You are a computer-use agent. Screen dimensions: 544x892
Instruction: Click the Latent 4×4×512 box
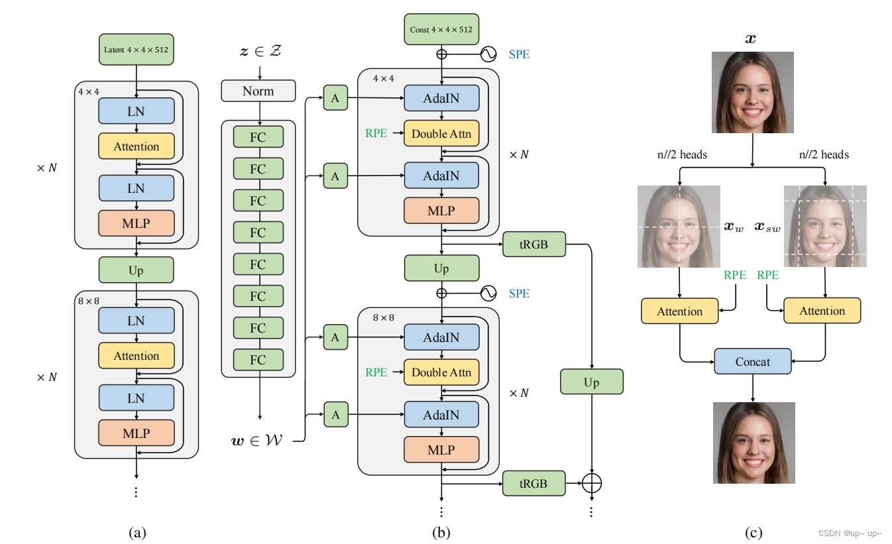pos(136,50)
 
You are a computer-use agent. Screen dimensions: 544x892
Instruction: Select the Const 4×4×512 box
pos(441,29)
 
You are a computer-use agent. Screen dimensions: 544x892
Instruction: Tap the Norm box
pos(258,91)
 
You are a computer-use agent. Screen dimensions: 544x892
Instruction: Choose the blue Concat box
pos(753,362)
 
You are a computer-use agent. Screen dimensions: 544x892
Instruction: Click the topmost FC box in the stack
pos(258,137)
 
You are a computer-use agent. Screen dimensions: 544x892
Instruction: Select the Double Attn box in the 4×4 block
pos(441,134)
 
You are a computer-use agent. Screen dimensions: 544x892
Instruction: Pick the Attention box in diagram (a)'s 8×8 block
pos(136,356)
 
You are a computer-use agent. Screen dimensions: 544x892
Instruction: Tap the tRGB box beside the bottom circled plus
pos(533,484)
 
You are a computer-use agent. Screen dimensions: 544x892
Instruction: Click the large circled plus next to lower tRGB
pos(592,484)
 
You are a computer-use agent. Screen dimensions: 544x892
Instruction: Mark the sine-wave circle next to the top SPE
pos(488,54)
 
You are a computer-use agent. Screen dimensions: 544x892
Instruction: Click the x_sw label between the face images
pos(767,227)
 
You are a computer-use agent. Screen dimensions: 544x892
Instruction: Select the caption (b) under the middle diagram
pos(441,531)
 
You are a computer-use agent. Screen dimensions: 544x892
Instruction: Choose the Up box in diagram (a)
pos(136,270)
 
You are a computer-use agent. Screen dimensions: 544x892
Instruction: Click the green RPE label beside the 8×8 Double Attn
pos(376,372)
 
